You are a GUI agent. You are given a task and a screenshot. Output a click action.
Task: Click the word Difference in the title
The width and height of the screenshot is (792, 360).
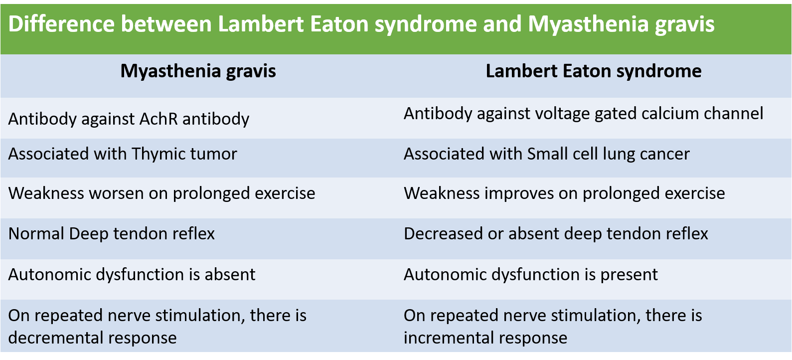[x=61, y=24]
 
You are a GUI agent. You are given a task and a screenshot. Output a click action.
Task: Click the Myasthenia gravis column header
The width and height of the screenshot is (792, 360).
[x=198, y=71]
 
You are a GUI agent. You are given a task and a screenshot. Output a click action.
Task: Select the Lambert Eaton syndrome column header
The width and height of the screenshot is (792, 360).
[x=594, y=71]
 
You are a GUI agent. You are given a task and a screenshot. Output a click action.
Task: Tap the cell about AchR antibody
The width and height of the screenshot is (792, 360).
[x=129, y=119]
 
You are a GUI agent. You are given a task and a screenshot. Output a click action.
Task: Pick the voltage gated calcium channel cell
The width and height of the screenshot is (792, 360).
[x=583, y=114]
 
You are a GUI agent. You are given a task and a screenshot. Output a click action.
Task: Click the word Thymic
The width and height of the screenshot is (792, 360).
[x=158, y=154]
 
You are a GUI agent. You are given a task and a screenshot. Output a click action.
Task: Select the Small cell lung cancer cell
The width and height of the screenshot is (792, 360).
[x=547, y=154]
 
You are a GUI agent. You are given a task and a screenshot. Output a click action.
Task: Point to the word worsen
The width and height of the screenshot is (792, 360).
[x=116, y=193]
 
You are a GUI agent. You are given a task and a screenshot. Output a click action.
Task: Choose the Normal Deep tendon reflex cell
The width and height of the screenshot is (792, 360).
[x=111, y=234]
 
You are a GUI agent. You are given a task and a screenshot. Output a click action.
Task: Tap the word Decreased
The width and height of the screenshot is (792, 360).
[x=443, y=234]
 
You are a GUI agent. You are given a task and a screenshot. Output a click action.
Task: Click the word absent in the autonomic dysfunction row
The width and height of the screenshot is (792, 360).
[x=230, y=274]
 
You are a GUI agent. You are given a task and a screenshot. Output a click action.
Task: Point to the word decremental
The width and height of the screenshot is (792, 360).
[x=55, y=338]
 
